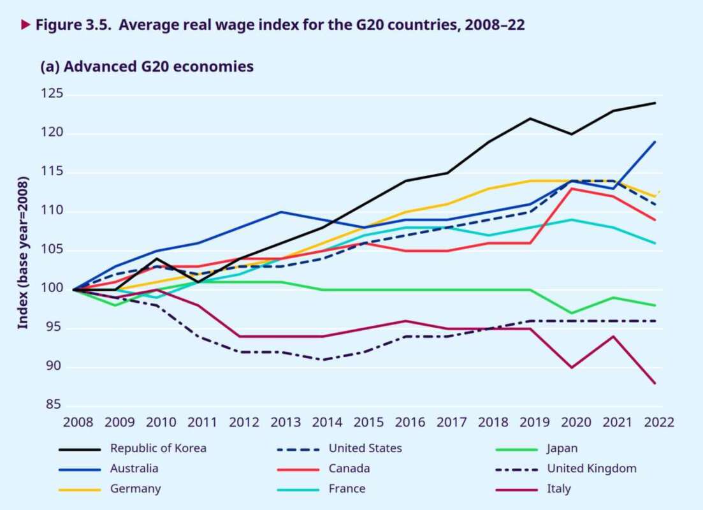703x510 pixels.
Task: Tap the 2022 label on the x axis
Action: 656,422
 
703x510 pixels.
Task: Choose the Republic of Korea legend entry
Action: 158,448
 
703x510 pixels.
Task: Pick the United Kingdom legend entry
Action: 591,469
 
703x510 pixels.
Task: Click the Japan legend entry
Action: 562,448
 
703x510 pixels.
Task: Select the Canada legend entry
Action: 349,469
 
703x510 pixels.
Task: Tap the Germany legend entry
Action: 135,489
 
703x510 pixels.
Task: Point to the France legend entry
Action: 347,489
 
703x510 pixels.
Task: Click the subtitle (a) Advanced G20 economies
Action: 147,67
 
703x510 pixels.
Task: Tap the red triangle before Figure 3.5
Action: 25,25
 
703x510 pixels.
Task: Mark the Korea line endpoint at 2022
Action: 656,103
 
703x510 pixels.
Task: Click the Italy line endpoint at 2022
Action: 656,383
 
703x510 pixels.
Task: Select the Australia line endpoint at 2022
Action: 656,142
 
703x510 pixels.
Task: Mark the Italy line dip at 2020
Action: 572,368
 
